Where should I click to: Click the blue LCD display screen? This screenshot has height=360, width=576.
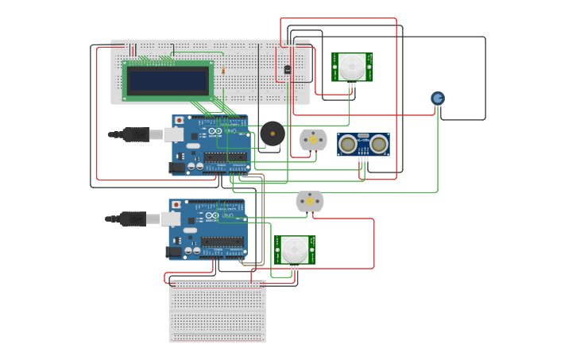coord(168,80)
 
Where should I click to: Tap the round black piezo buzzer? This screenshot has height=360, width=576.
coord(272,134)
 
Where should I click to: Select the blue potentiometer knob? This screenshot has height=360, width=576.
coord(438,98)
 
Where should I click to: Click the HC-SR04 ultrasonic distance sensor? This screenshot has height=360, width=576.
coord(363,144)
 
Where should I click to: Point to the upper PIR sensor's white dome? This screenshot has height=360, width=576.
coord(351,67)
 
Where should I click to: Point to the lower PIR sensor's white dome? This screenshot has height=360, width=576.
coord(295,250)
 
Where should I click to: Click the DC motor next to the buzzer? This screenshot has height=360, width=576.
coord(313,140)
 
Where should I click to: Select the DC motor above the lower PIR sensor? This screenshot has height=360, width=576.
coord(310,201)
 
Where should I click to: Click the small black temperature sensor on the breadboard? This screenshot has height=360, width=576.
coord(287,69)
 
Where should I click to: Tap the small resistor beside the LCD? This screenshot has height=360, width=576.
coord(223,71)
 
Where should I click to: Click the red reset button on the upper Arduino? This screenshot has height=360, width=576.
coord(179,121)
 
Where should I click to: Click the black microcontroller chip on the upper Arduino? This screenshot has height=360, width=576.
coord(224,157)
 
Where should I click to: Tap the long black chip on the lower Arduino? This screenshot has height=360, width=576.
coord(221,242)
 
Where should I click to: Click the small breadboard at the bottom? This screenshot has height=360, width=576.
coord(217,311)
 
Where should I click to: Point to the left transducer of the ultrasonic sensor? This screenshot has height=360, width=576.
coord(347,144)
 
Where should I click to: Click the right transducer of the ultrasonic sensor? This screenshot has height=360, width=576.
coord(379,144)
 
